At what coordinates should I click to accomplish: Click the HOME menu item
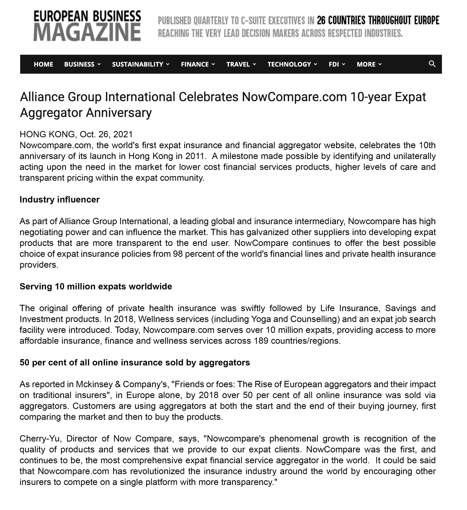point(43,64)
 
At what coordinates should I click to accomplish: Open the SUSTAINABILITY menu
point(140,64)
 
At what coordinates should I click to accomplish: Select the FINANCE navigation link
point(198,64)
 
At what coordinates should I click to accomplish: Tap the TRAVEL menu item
point(241,64)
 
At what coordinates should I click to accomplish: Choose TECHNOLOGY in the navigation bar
point(292,64)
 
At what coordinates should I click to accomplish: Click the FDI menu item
point(337,64)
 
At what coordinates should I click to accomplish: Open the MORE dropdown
point(369,64)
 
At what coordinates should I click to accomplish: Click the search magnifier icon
point(432,64)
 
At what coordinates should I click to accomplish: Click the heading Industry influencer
point(60,200)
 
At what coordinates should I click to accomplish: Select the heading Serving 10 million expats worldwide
point(96,286)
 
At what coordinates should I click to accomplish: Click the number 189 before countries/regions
point(259,341)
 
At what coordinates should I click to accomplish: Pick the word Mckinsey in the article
point(94,384)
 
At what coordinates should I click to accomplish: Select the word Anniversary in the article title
point(119,112)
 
